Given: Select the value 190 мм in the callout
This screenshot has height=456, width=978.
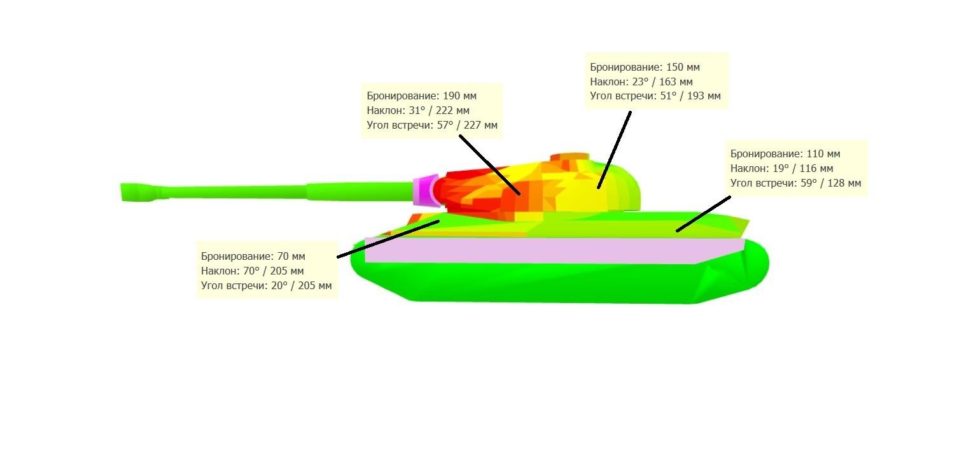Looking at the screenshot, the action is tap(459, 96).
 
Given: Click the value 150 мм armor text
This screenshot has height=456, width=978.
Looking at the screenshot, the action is tap(683, 68).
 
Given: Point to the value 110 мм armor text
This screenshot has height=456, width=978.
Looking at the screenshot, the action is tap(823, 154).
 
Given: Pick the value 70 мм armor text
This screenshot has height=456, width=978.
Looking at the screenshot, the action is tap(291, 256).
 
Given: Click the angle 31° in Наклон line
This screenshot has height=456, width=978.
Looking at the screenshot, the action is tap(417, 110).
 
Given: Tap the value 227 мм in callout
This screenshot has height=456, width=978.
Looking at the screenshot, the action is tap(480, 125).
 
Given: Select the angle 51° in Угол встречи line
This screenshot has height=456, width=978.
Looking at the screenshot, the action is tap(669, 96).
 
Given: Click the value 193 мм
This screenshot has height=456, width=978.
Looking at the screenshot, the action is tap(704, 96).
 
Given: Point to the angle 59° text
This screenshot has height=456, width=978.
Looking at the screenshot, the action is tap(809, 183).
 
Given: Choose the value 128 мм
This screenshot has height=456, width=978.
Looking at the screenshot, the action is tap(844, 183).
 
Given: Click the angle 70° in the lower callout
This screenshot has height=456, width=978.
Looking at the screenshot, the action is tap(251, 271).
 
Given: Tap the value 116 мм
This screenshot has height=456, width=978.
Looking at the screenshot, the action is tap(816, 168).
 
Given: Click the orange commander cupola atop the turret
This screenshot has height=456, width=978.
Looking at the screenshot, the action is tap(569, 157).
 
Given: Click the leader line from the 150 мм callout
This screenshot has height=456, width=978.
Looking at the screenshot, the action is tap(614, 150).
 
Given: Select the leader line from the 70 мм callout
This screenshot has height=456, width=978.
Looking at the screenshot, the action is tap(388, 239).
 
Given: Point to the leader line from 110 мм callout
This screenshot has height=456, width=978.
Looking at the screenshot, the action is tap(703, 214).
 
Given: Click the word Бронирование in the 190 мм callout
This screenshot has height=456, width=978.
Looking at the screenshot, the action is tap(403, 96).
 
